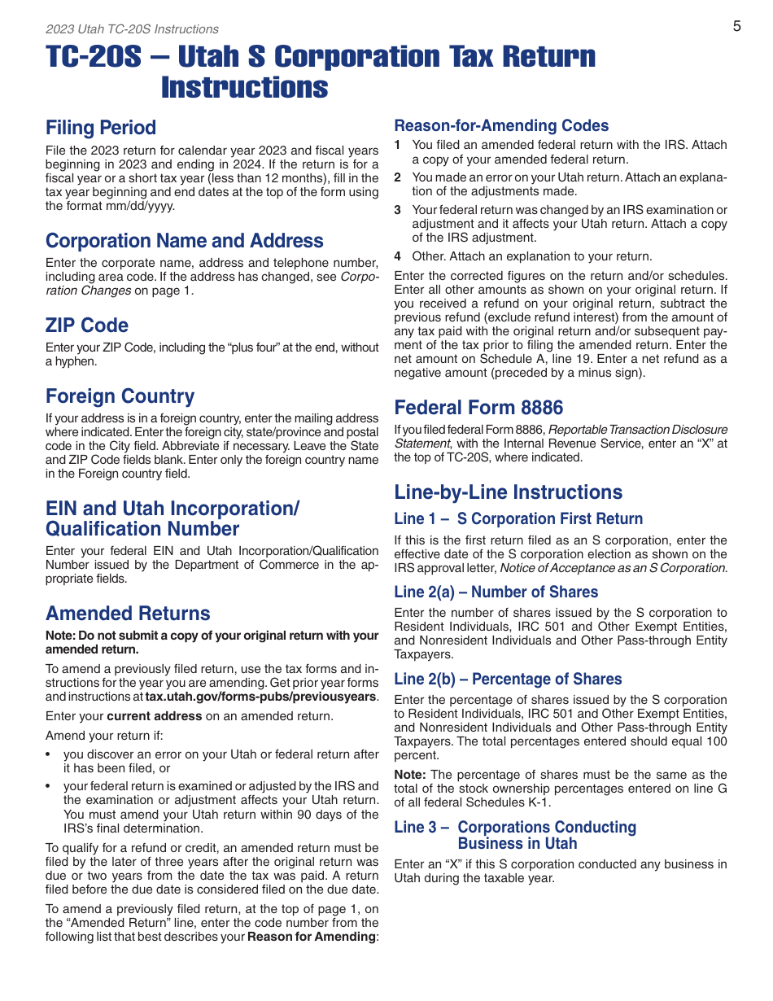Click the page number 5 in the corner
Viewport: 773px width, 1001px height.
[736, 26]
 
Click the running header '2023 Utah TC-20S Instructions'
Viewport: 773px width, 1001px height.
[132, 29]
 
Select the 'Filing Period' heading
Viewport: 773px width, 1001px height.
[101, 128]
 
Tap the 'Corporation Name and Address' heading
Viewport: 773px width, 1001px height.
[185, 241]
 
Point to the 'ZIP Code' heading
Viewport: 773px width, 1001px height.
[87, 326]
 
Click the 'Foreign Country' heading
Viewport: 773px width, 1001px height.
[120, 396]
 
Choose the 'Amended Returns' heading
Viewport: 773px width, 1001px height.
[128, 614]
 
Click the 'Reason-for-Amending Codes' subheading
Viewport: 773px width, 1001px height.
[501, 126]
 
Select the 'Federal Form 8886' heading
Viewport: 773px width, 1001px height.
[478, 408]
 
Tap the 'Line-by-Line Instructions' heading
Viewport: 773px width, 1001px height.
[509, 492]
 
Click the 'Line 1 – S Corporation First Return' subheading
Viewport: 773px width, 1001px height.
[518, 519]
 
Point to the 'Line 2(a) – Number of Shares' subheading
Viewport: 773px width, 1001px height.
[496, 592]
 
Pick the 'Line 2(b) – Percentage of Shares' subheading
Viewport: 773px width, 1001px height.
[508, 680]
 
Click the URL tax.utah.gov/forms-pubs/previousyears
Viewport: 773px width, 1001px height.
[260, 697]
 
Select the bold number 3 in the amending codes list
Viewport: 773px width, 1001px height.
[398, 210]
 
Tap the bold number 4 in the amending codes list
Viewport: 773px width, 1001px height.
[398, 256]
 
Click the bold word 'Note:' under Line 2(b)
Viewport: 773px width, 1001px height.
[411, 775]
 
